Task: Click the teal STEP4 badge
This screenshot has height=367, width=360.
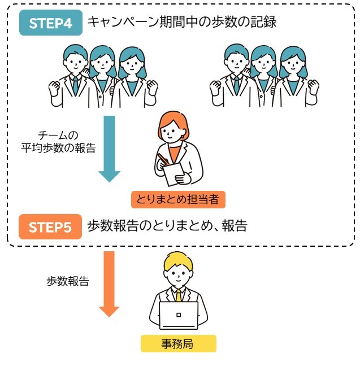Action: pos(50,23)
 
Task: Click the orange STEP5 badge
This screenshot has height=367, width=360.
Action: pos(50,227)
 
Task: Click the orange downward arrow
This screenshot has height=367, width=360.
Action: pos(109,283)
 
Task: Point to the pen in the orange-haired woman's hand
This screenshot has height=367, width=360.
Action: pos(163,159)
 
